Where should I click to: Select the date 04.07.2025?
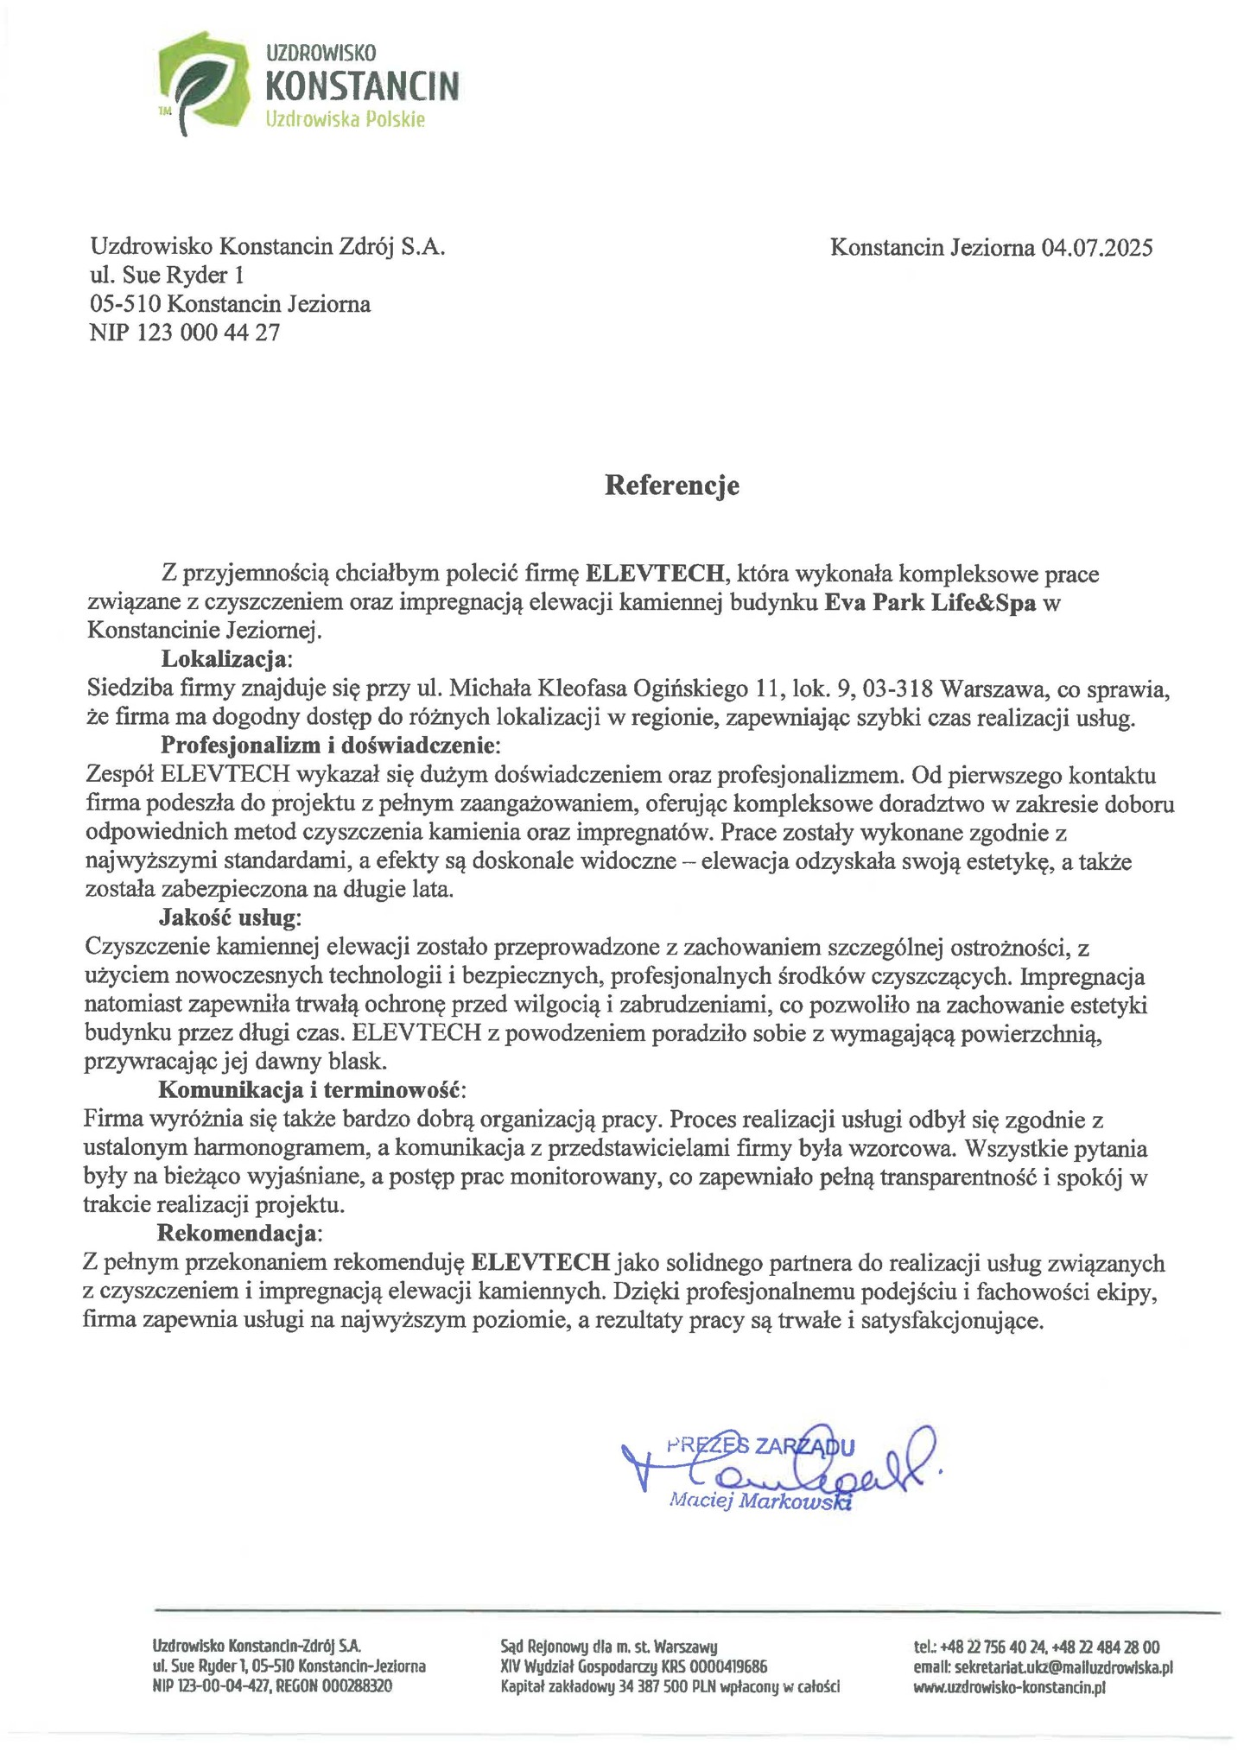(x=1096, y=248)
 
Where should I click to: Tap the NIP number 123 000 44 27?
(x=209, y=333)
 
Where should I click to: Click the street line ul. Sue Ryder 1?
(x=168, y=276)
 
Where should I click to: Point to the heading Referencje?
(x=671, y=485)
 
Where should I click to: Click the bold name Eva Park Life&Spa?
(x=930, y=602)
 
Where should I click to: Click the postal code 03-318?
(x=903, y=689)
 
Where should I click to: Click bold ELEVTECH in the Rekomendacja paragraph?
(x=542, y=1262)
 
